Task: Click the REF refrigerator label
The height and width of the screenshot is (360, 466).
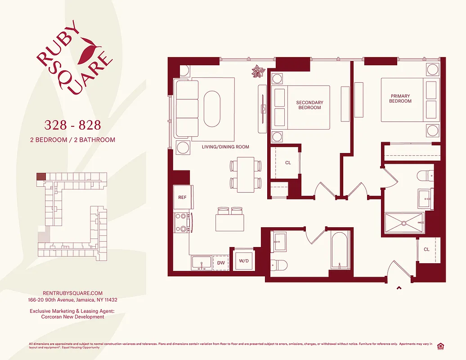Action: coord(182,198)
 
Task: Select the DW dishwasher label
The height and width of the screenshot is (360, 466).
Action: coord(221,263)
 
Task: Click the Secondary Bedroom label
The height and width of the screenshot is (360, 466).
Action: coord(309,105)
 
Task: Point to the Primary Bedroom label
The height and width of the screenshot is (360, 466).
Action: coord(400,99)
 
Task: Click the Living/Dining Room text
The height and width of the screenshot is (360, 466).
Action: coord(225,147)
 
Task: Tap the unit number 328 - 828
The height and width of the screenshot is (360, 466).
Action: coord(72,124)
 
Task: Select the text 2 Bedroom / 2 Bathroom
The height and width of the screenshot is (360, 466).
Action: coord(72,140)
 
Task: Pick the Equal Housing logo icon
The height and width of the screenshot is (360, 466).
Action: coord(440,346)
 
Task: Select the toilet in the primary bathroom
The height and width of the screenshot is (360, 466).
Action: coord(425,175)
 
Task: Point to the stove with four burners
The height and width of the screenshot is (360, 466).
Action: coord(182,222)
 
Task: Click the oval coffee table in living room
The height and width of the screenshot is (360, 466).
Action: coord(212,109)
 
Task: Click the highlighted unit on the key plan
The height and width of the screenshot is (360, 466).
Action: coord(41,177)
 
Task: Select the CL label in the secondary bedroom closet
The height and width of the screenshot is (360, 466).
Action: coord(288,162)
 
